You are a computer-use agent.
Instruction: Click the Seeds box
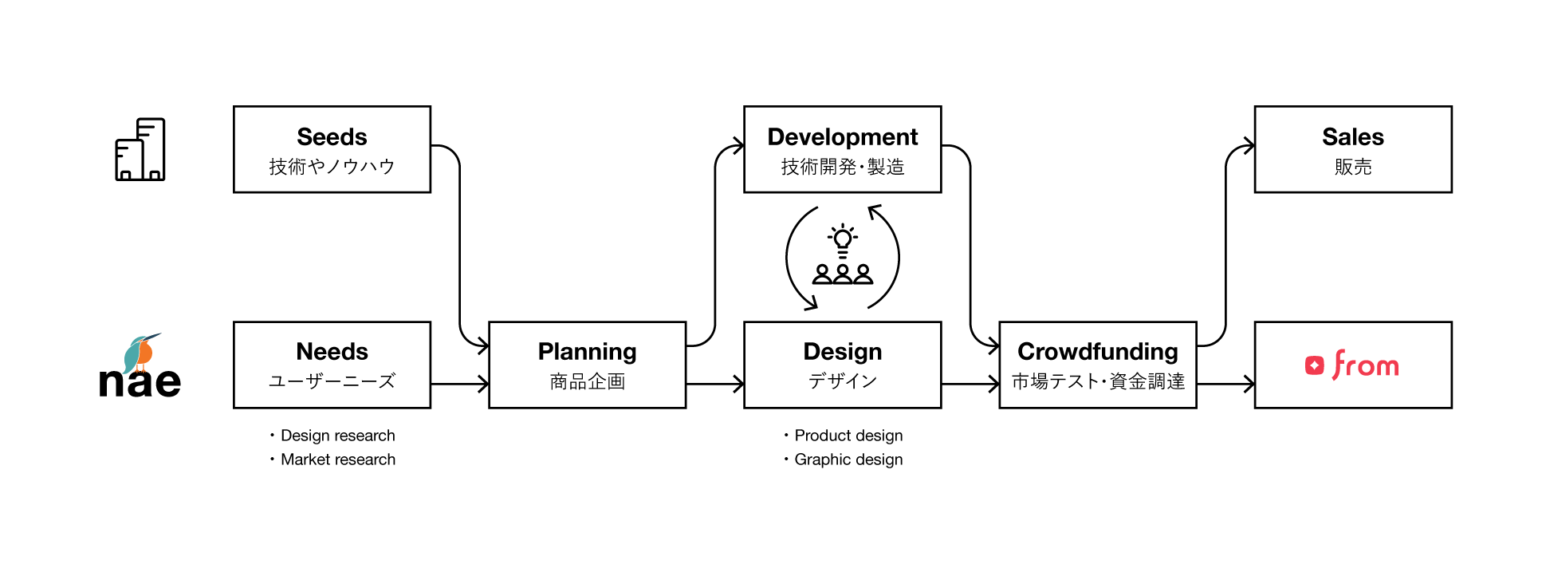[x=332, y=149]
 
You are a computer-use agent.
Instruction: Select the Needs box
[x=332, y=365]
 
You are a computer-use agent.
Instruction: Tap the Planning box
[x=587, y=365]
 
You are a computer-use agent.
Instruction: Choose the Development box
[x=842, y=149]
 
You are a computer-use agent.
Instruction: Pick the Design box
[x=842, y=365]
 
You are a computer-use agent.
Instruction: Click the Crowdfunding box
[x=1097, y=365]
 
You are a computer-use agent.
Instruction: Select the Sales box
[x=1352, y=149]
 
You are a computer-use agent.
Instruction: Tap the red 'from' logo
[x=1352, y=365]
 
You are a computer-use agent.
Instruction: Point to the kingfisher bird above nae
[x=141, y=352]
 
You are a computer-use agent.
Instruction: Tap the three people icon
[x=843, y=274]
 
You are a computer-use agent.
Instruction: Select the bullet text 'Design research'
[x=337, y=436]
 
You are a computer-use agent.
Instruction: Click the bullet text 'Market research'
[x=337, y=460]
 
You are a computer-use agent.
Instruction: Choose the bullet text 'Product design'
[x=848, y=436]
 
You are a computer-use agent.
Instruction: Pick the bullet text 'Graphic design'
[x=848, y=460]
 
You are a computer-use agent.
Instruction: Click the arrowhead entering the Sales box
[x=1249, y=145]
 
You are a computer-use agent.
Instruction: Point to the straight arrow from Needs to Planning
[x=459, y=384]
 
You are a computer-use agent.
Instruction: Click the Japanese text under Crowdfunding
[x=1097, y=381]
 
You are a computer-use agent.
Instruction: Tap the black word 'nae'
[x=140, y=383]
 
